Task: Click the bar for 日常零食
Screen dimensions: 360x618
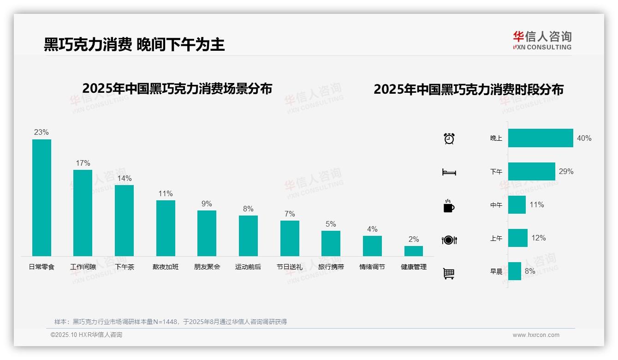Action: pos(42,198)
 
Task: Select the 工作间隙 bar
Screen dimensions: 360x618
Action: pos(83,213)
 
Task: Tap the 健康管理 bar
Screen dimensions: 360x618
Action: pos(414,251)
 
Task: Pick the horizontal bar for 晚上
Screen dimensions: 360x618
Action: pos(541,138)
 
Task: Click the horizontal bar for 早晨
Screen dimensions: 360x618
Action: pos(515,271)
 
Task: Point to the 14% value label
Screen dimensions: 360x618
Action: pos(124,178)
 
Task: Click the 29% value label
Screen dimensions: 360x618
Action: pos(566,171)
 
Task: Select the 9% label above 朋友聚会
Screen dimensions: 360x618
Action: pos(207,204)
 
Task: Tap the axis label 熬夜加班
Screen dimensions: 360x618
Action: pos(166,267)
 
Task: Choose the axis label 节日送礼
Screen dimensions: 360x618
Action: pos(290,267)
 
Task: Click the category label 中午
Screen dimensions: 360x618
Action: pos(496,205)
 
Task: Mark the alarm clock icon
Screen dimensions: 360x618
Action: pos(449,138)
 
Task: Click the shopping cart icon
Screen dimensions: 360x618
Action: pos(449,273)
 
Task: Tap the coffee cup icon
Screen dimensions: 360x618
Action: pos(449,206)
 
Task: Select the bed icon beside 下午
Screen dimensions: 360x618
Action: pos(449,172)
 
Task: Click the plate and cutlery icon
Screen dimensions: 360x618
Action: pos(449,240)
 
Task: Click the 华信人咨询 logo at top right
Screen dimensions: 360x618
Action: pos(542,40)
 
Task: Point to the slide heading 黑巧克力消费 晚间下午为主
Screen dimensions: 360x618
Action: pos(134,44)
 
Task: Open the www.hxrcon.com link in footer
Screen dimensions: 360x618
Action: pos(536,335)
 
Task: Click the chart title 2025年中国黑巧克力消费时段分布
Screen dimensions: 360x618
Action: pos(468,90)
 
